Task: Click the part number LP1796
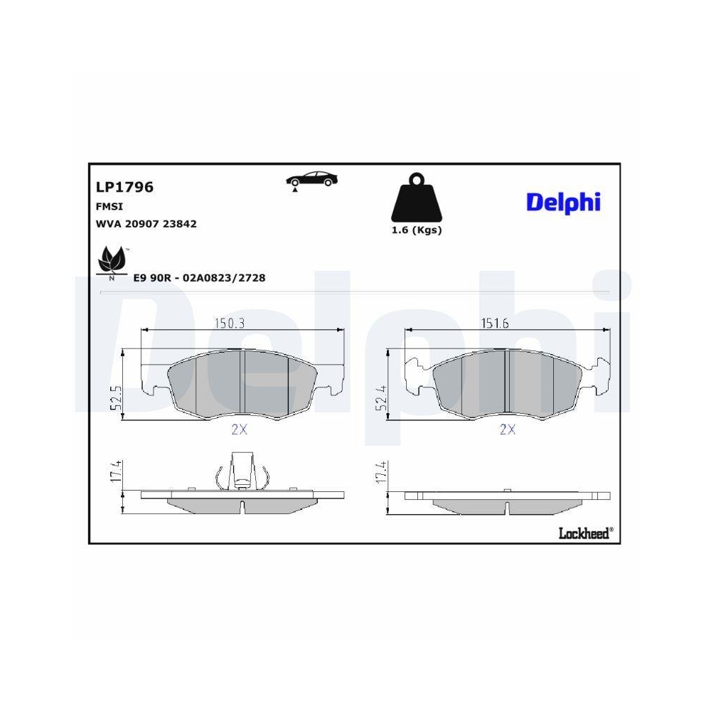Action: pos(124,187)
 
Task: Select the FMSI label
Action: pos(109,206)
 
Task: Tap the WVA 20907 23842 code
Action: pos(146,224)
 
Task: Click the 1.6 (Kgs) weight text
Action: pos(416,230)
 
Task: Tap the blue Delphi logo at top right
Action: pos(563,203)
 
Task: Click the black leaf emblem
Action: pos(112,262)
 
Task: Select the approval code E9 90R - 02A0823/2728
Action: pos(199,277)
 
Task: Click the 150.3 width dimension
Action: pos(230,324)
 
